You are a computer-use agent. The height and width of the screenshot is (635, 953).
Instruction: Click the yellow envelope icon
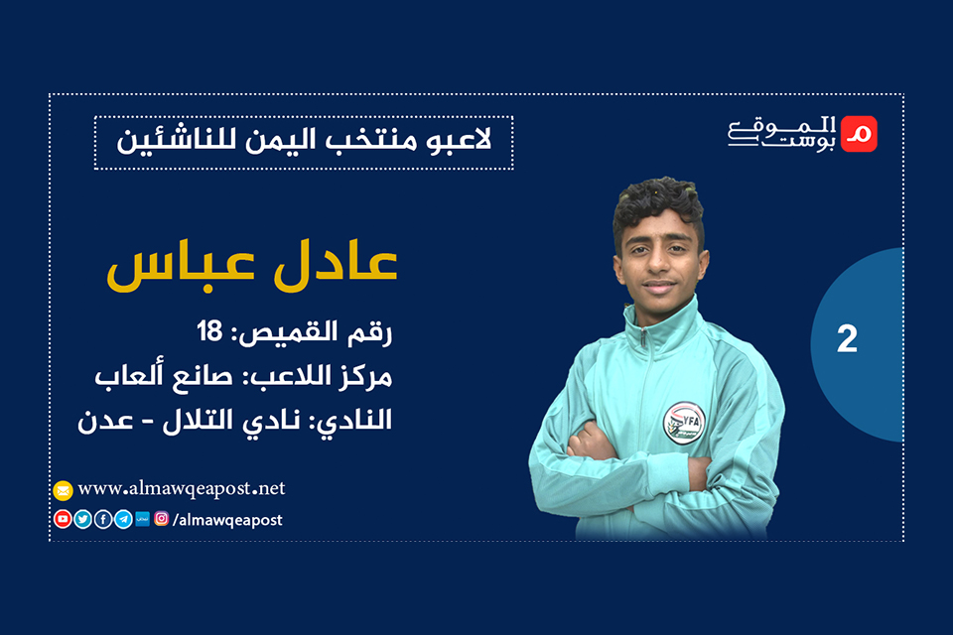63,489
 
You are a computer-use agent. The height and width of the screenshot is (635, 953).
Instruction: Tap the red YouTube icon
63,519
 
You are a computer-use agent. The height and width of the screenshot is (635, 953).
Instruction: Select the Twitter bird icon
82,519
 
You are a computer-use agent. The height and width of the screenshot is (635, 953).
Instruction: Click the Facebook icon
102,519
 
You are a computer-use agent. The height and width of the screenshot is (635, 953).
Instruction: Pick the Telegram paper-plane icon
122,519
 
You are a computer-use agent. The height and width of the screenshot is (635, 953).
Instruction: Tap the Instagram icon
161,518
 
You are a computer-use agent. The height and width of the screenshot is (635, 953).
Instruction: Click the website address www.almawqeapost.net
181,488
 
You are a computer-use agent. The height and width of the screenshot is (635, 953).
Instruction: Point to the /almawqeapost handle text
227,519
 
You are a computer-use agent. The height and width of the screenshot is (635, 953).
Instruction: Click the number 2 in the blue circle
846,339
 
